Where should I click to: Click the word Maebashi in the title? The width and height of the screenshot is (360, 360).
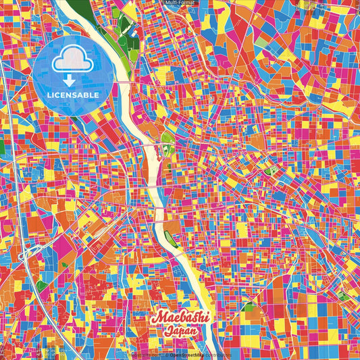pyautogui.click(x=181, y=317)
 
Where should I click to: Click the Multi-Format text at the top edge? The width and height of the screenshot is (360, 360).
pyautogui.click(x=180, y=3)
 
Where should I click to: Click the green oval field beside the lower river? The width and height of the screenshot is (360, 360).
pyautogui.click(x=172, y=239)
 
